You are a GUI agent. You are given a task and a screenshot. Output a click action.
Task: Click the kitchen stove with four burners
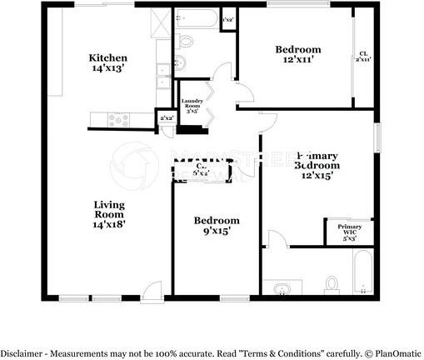coord(119,121)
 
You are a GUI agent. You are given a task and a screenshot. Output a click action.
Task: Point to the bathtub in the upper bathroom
coord(197,18)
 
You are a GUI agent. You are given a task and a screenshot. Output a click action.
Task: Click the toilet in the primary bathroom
coord(332,284)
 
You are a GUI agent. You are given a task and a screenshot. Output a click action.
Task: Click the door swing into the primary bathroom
coord(276,240)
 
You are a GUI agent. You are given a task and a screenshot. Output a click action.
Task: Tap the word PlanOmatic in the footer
coord(396,352)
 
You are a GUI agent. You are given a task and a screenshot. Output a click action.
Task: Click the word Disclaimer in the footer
coord(22,352)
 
